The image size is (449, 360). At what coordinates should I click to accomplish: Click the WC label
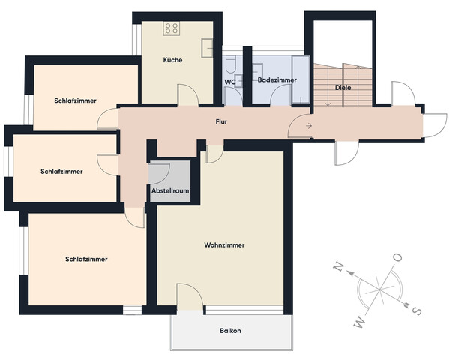tap(230, 82)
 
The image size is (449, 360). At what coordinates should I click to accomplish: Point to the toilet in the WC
tap(232, 64)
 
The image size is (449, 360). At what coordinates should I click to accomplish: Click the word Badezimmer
tap(277, 79)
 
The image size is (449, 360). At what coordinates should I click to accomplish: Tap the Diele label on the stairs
tap(343, 88)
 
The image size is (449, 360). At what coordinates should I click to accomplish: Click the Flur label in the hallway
tap(221, 121)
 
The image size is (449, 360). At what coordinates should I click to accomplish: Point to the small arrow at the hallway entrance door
tap(310, 125)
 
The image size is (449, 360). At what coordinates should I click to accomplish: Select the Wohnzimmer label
tap(224, 245)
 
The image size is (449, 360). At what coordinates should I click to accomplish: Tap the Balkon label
tap(231, 330)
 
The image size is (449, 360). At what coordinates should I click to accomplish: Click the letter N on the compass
tap(338, 267)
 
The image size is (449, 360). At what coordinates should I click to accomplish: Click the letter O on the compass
tap(397, 258)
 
